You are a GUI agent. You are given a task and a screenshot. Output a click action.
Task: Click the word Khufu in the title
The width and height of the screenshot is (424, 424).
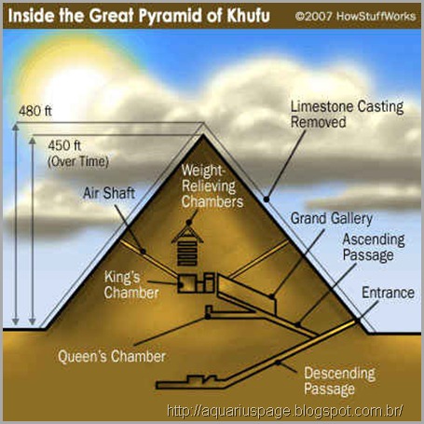(248, 15)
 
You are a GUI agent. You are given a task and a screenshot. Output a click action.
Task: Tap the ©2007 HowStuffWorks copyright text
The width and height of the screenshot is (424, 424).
(355, 16)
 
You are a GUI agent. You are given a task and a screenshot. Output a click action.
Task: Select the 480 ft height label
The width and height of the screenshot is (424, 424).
(35, 111)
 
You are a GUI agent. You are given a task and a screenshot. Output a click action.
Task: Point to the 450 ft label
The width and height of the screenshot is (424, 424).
(64, 145)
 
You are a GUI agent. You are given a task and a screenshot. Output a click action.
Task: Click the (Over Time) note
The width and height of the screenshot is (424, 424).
(78, 161)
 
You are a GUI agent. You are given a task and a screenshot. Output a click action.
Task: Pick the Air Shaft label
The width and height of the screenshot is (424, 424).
(109, 193)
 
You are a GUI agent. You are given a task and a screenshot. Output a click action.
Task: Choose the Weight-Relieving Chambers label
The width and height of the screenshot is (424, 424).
(212, 185)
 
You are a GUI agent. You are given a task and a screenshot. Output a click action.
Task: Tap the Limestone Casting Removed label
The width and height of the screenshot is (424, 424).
(347, 114)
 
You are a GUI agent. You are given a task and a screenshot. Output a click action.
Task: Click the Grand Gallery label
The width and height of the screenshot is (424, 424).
(332, 218)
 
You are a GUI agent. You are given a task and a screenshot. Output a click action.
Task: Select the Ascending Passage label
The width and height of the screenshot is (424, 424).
(374, 247)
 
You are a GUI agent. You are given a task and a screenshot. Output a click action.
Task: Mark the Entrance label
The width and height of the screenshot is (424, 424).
(388, 293)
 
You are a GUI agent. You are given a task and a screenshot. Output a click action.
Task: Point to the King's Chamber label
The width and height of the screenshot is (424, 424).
(131, 285)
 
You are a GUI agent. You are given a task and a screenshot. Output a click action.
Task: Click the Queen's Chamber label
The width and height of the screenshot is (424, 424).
(112, 356)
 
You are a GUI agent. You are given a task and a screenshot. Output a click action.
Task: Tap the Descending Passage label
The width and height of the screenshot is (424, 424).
(339, 381)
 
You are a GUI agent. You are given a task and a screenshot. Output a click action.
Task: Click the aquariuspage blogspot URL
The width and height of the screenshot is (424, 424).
(285, 411)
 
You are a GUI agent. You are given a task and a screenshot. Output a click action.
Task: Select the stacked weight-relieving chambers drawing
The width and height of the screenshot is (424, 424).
(187, 246)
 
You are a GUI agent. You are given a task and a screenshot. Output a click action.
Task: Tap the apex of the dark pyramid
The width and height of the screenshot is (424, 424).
(204, 134)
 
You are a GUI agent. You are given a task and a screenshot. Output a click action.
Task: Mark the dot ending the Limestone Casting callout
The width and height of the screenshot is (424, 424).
(267, 199)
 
